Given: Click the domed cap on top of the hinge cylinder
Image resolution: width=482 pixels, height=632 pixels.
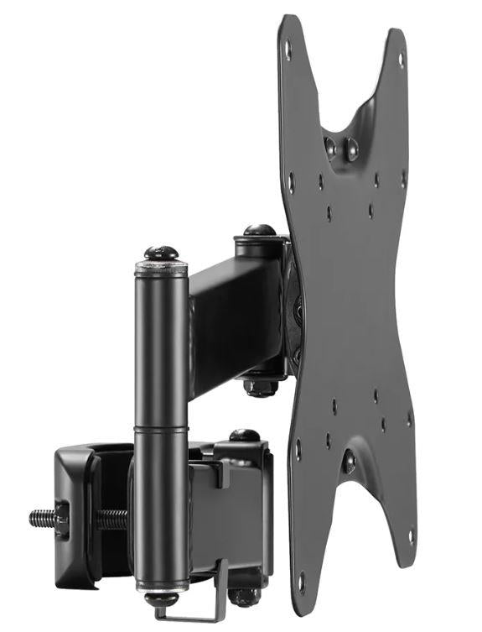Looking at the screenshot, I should click(161, 252).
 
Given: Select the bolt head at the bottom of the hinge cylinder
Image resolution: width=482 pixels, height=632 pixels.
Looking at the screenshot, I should click(160, 599).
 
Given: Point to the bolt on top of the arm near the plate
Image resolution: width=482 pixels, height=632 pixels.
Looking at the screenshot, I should click(260, 230).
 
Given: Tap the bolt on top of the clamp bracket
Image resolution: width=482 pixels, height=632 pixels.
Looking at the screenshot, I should click(244, 436).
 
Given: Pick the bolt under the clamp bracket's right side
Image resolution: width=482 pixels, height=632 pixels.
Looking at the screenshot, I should click(244, 596).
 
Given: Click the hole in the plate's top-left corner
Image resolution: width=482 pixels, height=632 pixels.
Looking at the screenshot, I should click(288, 49).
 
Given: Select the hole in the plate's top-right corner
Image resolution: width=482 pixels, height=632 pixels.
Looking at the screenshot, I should click(401, 59).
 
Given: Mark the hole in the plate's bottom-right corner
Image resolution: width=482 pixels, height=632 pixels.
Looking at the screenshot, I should click(409, 535).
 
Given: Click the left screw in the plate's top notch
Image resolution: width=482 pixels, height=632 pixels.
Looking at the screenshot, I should click(330, 147).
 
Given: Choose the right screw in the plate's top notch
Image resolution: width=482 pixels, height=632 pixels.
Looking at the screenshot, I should click(352, 151).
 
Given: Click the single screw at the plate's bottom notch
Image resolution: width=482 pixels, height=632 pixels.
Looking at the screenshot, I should click(349, 460).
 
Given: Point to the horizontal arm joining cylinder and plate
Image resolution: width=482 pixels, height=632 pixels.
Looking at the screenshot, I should click(235, 323).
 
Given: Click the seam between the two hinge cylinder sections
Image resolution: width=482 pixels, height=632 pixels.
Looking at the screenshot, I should click(161, 428).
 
